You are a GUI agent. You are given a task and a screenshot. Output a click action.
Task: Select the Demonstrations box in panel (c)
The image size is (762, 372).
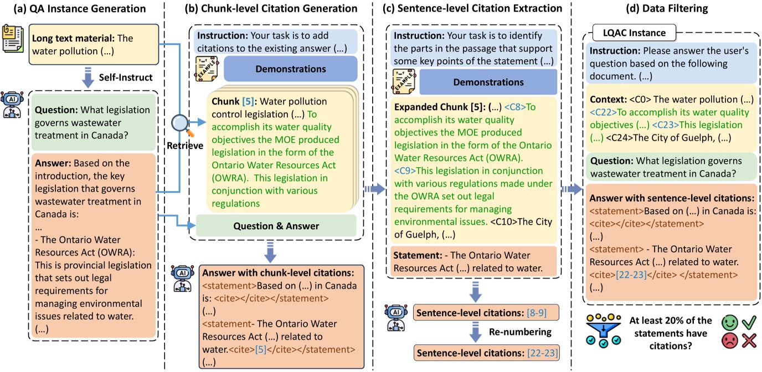[488, 82]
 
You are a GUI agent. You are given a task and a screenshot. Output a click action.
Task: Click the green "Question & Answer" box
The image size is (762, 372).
[276, 226]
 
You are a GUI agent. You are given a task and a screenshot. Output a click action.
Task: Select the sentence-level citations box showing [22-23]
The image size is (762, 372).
[486, 352]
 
